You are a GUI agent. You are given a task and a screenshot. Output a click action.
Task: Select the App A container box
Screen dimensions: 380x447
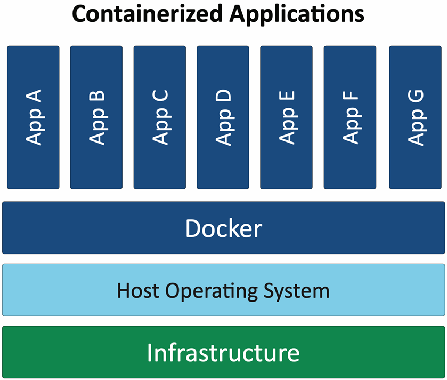click(33, 117)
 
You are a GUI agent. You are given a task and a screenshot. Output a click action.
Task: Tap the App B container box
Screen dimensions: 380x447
click(96, 117)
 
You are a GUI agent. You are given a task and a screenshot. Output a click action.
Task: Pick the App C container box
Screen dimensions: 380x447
click(160, 117)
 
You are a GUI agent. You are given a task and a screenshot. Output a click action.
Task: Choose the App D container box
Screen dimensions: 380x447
click(223, 117)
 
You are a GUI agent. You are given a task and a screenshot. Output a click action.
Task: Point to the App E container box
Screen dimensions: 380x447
click(287, 117)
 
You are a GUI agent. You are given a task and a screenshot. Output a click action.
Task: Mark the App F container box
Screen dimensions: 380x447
click(350, 117)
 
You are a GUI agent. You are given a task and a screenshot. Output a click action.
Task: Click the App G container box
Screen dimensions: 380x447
click(415, 117)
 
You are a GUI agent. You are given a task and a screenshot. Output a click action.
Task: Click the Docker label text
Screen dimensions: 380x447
click(223, 228)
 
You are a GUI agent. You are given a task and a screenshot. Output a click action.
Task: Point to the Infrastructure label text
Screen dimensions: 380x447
click(223, 353)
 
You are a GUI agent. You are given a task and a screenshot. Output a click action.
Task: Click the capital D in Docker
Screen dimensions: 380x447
click(193, 228)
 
